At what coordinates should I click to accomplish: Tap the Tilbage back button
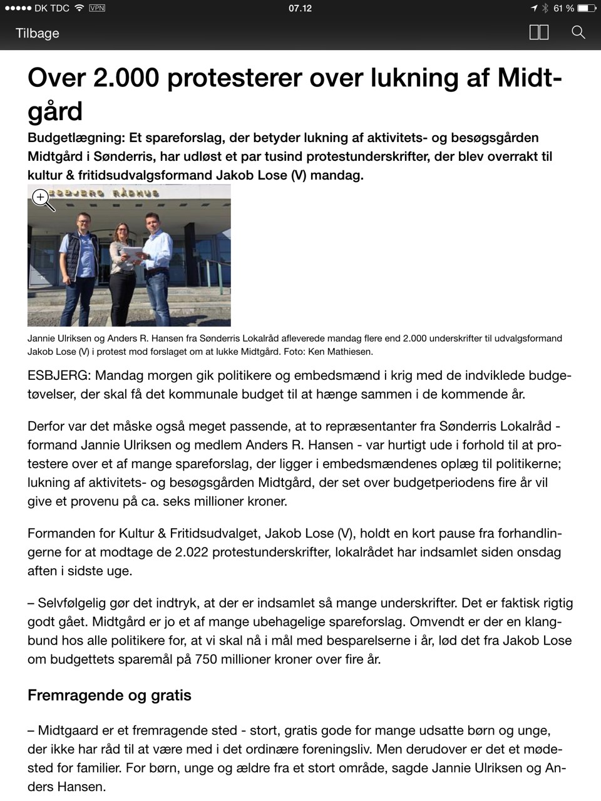pos(38,33)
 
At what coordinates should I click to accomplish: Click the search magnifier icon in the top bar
pos(578,33)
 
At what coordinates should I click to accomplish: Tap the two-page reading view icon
pos(539,33)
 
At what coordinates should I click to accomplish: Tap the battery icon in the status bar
pos(587,8)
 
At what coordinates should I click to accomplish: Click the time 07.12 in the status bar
pos(300,8)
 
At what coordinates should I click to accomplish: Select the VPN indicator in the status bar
pos(98,8)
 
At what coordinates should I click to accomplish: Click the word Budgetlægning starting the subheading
pos(74,138)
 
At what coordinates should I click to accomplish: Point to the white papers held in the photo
pos(134,250)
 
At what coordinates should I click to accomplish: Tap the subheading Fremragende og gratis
pos(110,695)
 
